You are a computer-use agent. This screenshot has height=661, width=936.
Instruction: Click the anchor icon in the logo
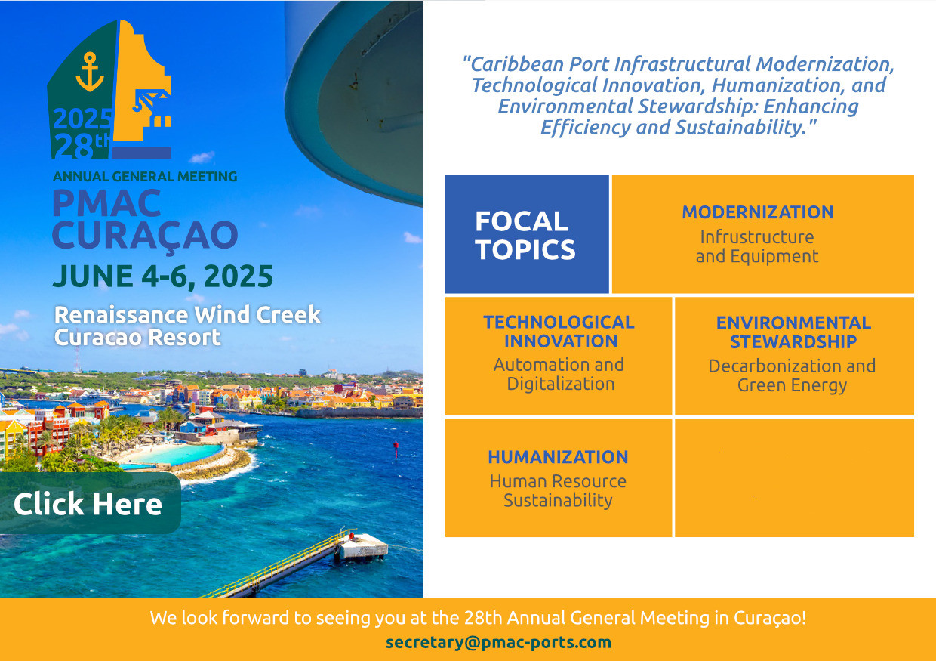89,72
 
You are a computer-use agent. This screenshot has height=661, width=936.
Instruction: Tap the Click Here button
90,503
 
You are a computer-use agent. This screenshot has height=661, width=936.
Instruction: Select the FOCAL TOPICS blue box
527,234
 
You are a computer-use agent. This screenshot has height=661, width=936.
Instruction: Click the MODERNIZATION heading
758,212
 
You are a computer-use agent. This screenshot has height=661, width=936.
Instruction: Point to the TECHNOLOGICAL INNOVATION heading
559,332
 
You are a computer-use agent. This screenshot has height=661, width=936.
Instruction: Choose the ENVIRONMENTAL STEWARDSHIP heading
793,332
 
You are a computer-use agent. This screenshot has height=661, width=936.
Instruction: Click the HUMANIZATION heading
559,457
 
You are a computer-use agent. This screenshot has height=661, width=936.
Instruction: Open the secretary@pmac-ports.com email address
498,642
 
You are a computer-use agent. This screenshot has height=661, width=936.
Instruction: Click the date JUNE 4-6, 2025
163,276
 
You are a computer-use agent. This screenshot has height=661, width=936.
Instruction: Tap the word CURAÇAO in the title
145,236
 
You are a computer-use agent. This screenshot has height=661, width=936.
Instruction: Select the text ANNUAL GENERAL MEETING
145,177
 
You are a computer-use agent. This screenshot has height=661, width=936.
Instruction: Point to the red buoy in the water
396,449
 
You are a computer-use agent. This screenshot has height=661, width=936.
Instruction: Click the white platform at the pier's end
363,545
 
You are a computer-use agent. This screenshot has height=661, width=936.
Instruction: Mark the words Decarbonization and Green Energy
792,375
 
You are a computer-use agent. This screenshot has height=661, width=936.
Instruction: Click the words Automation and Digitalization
559,374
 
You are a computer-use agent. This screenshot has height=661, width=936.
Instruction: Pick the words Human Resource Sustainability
559,491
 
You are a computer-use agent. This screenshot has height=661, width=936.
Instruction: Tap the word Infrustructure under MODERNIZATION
757,237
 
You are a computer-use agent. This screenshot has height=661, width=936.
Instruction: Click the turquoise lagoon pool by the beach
175,453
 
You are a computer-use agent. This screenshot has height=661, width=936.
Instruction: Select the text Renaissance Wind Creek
187,314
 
